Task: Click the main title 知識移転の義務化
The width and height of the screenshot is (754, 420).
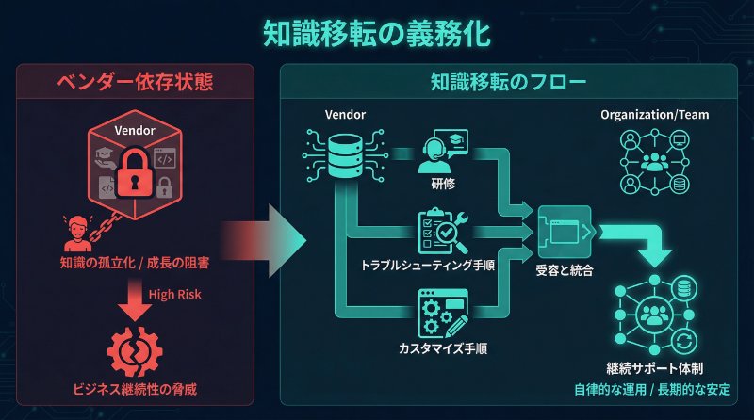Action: pyautogui.click(x=376, y=33)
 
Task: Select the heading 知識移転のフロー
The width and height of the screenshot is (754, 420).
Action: pyautogui.click(x=509, y=82)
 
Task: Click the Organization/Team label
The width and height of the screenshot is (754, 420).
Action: pyautogui.click(x=655, y=115)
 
